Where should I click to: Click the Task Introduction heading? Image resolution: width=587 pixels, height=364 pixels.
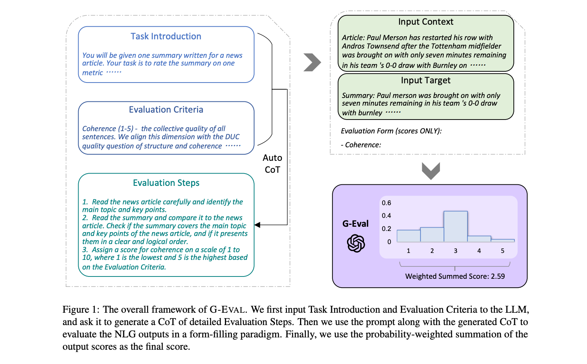pos(166,36)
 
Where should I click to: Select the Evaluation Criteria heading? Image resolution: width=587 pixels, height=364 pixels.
pos(166,110)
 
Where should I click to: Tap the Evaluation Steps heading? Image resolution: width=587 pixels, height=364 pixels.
pos(166,183)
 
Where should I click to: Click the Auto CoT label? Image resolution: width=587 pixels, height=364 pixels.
pos(272,163)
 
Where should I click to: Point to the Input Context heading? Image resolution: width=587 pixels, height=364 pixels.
pos(426,22)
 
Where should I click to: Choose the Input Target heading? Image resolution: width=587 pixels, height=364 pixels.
pos(426,80)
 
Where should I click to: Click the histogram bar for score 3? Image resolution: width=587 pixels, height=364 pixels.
pos(455,226)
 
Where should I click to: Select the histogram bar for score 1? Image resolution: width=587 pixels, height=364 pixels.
pos(408,236)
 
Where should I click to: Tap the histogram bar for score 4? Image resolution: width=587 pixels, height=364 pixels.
pos(479,239)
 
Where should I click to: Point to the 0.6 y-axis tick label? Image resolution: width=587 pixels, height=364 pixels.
pos(386,203)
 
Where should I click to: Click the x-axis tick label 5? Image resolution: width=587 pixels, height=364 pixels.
pos(502,251)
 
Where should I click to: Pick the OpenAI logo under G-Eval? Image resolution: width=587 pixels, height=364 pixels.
pos(356,243)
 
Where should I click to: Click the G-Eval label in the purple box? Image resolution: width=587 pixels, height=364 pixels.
pos(356,224)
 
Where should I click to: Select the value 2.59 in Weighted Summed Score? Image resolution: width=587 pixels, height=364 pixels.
pos(498,276)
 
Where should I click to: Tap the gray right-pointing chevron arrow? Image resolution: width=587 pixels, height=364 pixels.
pos(312,62)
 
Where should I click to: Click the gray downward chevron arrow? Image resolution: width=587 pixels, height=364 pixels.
pos(431,171)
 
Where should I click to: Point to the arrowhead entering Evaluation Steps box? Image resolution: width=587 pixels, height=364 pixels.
pos(257,225)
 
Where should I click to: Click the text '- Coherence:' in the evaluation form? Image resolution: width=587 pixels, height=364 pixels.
pos(361,145)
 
